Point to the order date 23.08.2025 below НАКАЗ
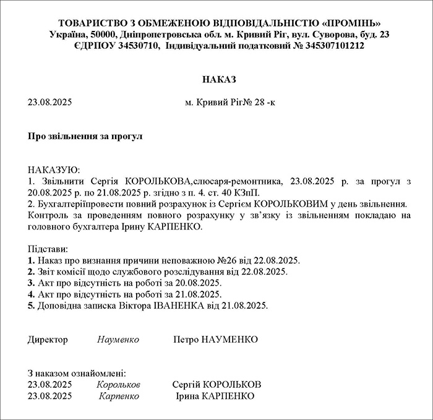[x=51, y=102]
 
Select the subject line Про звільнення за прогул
[x=85, y=135]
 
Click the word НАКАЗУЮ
[x=54, y=170]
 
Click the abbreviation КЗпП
[x=252, y=192]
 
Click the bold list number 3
[x=30, y=283]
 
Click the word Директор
[x=48, y=340]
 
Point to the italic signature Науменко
[x=118, y=340]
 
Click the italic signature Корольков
[x=119, y=384]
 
